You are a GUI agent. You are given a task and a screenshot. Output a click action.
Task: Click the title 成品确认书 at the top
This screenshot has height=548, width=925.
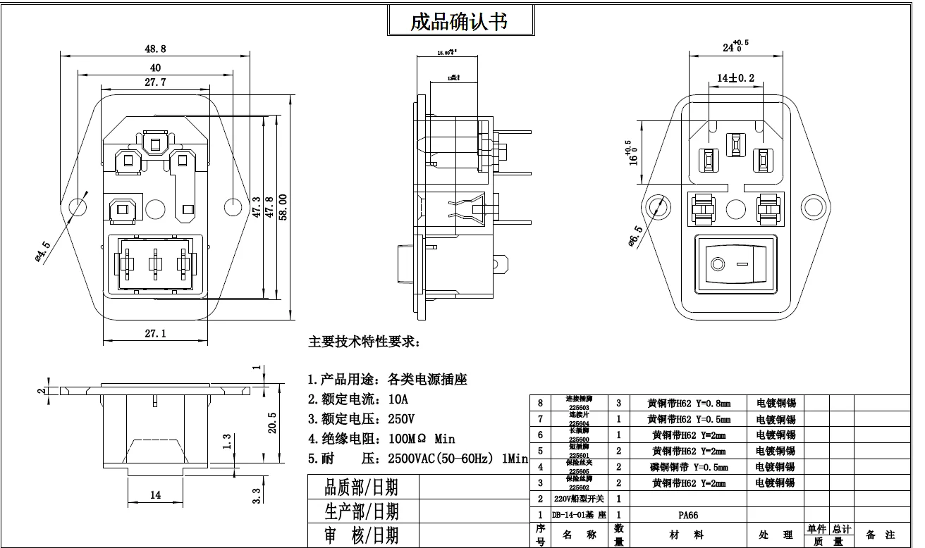point(459,21)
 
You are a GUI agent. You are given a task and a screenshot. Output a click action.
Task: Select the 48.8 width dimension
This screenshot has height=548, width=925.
point(155,49)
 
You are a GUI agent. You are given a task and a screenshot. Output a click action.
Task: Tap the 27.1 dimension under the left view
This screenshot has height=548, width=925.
point(155,333)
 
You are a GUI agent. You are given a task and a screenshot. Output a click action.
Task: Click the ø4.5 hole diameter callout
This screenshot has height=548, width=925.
point(42,251)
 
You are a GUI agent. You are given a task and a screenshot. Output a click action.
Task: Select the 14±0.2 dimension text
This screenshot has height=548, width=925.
point(735,77)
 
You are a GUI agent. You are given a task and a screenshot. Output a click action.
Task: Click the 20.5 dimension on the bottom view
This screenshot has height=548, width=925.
point(273,423)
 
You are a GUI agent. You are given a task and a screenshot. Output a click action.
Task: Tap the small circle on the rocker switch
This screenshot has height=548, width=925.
point(718,265)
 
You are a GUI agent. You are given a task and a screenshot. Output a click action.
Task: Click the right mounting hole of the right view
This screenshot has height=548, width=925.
point(814,206)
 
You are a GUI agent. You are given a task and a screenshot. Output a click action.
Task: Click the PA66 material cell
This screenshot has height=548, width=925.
point(687,515)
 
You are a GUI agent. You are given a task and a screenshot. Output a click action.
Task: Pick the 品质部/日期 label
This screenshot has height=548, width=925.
point(361,487)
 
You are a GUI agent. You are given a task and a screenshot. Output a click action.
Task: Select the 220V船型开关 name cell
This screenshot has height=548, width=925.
point(570,499)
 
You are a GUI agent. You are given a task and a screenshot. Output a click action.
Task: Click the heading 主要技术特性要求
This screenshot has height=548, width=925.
point(364,342)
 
